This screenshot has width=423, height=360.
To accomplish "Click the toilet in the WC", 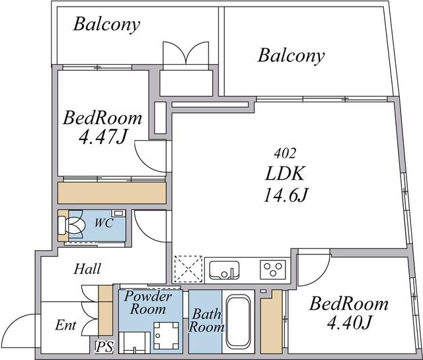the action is tap(71, 225).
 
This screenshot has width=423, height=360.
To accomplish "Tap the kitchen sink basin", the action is tap(224, 270).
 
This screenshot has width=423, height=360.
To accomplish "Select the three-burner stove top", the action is tap(273, 270).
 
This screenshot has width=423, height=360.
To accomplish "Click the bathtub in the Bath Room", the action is tap(239, 322).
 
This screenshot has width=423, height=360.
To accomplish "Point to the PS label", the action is tap(104, 347).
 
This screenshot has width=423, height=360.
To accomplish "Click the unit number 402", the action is tap(285, 153).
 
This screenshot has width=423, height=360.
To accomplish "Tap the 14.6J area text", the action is tap(286, 195).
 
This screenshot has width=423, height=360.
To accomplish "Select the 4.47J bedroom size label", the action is tap(102, 137).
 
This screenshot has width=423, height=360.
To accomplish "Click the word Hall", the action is tap(88, 269).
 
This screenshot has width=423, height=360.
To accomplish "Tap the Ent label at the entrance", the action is tap(66, 325).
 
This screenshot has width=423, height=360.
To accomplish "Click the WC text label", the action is tap(104, 223).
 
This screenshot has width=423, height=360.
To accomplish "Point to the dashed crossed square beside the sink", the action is tap(188, 269).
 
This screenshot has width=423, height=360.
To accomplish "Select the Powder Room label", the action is tap(148, 303).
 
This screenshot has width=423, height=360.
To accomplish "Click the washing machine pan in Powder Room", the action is tap(166, 336).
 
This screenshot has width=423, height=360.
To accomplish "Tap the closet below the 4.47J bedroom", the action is tap(112, 193).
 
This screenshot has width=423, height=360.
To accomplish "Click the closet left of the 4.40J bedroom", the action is tap(272, 322).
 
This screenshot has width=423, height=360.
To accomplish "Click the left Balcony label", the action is tap(107, 24).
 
